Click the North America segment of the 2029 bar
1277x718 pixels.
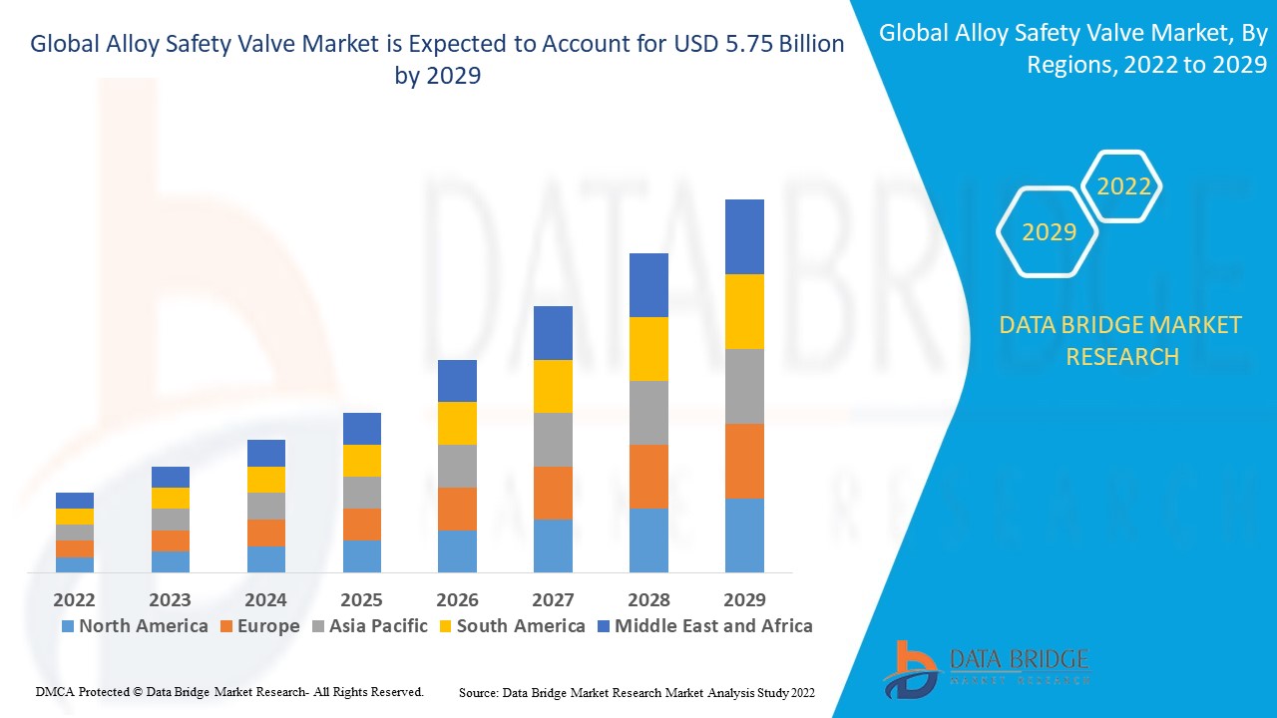pos(744,536)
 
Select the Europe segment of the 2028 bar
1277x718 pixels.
pos(648,477)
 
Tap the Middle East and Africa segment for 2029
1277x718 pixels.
pos(744,236)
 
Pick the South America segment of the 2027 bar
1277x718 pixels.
pos(553,386)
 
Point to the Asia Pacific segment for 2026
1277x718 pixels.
pos(457,466)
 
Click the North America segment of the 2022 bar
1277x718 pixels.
pos(74,564)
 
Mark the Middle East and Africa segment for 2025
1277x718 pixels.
pos(361,429)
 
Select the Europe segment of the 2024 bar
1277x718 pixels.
pos(265,533)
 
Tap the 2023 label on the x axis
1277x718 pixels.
pos(170,600)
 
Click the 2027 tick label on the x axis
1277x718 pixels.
pos(553,600)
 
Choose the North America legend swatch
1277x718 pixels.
pos(68,627)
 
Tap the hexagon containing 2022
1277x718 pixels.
pos(1123,186)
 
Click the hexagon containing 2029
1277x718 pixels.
pos(1049,232)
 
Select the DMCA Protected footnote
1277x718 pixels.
pos(229,691)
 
